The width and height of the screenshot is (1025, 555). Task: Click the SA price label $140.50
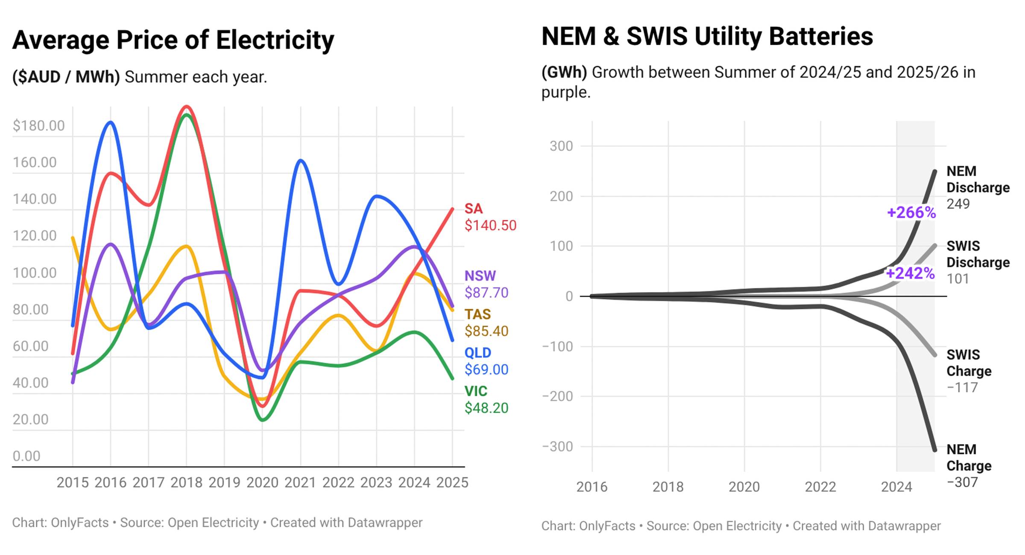(x=490, y=225)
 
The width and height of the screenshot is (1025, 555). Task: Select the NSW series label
(x=480, y=276)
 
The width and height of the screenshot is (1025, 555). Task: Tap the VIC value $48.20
(x=486, y=408)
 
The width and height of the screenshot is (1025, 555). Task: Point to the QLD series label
(x=478, y=353)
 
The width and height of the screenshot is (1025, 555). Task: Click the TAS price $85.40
(x=486, y=331)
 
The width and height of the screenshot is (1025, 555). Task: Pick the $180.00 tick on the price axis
(x=38, y=125)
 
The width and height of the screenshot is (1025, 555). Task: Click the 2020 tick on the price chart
(x=262, y=482)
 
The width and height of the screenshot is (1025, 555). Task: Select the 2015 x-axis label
(x=73, y=482)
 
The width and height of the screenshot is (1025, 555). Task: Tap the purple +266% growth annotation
(x=911, y=212)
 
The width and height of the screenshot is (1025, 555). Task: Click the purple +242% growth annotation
(x=910, y=273)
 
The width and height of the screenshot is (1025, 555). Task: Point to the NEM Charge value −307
(x=962, y=482)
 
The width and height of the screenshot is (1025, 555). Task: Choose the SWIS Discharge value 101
(x=958, y=279)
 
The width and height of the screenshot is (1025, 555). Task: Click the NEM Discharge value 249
(x=958, y=204)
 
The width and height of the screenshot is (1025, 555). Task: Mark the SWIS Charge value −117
(x=962, y=388)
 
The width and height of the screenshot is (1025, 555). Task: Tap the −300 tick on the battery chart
(x=557, y=447)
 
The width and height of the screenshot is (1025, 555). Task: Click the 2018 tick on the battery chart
(x=668, y=487)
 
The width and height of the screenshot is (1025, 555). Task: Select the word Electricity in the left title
(x=275, y=40)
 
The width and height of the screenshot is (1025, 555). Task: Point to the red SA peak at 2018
(x=187, y=107)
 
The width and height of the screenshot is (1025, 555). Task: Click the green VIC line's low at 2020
(x=262, y=420)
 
